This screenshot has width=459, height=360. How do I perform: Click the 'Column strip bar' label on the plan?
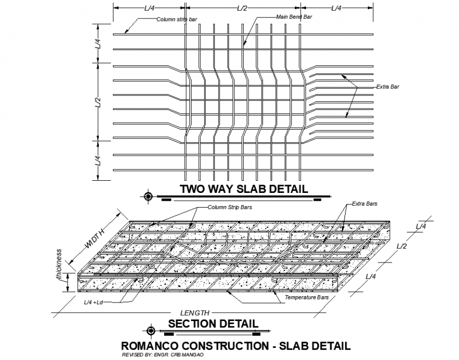pyautogui.click(x=177, y=20)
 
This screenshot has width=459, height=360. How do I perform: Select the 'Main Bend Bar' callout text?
pyautogui.click(x=294, y=17)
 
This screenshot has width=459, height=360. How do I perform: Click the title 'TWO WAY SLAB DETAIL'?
pyautogui.click(x=243, y=189)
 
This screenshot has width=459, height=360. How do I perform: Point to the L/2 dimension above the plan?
pyautogui.click(x=243, y=8)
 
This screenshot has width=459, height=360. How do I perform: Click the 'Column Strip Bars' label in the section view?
pyautogui.click(x=230, y=207)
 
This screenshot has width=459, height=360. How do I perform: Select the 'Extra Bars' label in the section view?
pyautogui.click(x=364, y=203)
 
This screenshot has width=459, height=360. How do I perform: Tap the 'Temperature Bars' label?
pyautogui.click(x=307, y=298)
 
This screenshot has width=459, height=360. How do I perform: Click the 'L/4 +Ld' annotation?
pyautogui.click(x=95, y=303)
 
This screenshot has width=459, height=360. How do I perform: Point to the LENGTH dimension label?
pyautogui.click(x=195, y=313)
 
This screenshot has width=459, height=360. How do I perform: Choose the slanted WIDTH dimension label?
pyautogui.click(x=95, y=239)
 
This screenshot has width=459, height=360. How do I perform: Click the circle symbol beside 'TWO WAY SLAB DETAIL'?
pyautogui.click(x=148, y=197)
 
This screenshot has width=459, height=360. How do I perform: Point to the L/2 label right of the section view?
pyautogui.click(x=401, y=246)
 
